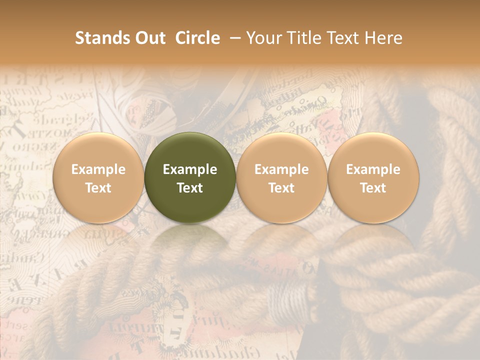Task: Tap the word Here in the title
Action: pos(383,38)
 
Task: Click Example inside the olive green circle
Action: pos(190,169)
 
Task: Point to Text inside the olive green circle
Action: pos(190,188)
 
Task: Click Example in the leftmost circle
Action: pos(98,169)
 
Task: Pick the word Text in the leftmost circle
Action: pos(98,188)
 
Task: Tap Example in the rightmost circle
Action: pos(373,169)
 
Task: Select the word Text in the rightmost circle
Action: pos(373,188)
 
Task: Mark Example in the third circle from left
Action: pos(281,169)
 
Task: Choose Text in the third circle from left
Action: pos(281,188)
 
